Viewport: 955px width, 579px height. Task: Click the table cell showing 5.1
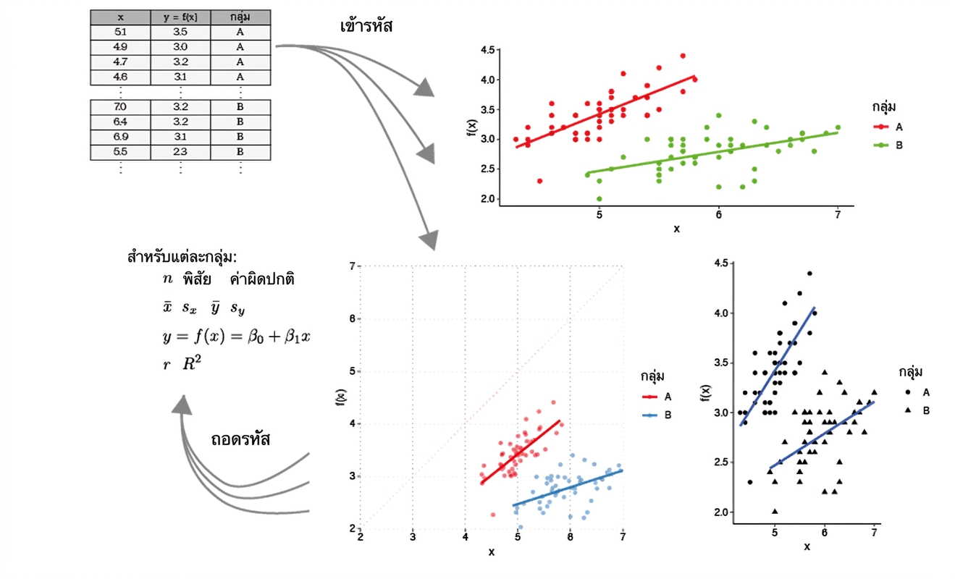tap(120, 32)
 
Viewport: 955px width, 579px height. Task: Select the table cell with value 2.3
tap(180, 152)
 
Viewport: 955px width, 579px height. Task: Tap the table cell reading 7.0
tap(120, 107)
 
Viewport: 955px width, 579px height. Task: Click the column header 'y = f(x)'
tap(180, 17)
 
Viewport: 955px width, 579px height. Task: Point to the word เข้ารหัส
tap(366, 26)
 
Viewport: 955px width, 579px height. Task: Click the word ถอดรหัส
tap(240, 439)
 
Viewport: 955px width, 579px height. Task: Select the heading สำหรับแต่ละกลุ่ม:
tap(182, 258)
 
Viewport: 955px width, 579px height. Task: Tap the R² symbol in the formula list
tap(192, 363)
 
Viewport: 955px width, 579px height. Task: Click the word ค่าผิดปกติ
tap(262, 279)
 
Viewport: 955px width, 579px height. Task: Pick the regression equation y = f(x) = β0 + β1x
tap(237, 337)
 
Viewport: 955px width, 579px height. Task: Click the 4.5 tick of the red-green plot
tap(488, 50)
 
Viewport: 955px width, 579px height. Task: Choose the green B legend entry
tap(889, 145)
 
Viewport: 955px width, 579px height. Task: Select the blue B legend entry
tap(657, 415)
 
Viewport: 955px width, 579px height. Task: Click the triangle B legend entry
tap(917, 410)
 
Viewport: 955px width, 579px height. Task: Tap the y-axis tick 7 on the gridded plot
tap(352, 266)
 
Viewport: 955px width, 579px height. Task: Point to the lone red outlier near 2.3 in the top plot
tap(539, 181)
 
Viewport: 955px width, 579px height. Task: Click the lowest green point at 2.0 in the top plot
tap(599, 199)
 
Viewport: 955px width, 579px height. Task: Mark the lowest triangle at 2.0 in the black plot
tap(775, 511)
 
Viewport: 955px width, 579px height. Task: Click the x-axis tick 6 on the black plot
tap(825, 533)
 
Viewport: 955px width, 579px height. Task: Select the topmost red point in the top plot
tap(683, 56)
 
